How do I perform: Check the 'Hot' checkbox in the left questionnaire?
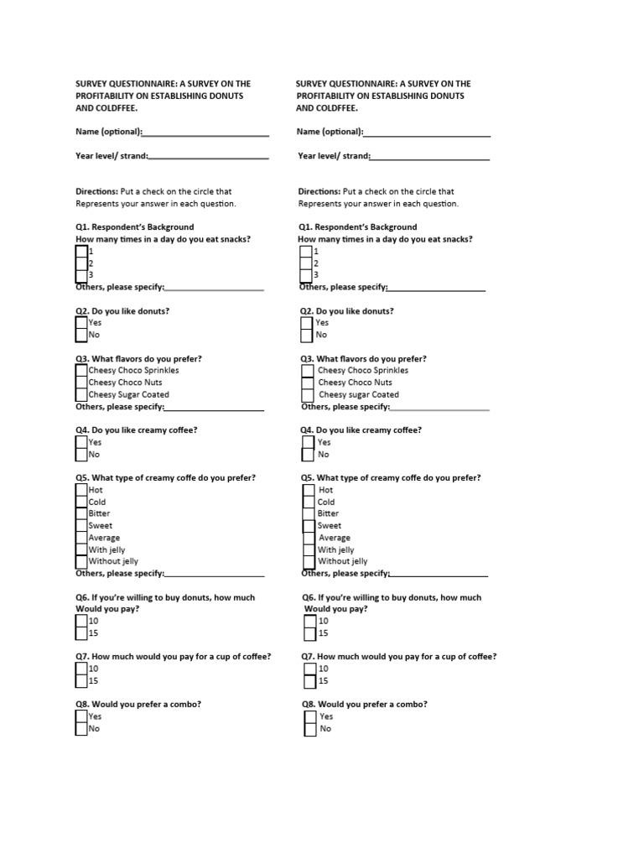[81, 490]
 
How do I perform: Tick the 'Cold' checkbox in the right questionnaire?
[309, 502]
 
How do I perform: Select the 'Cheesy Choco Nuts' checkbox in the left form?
[81, 383]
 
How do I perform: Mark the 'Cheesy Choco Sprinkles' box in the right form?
[308, 371]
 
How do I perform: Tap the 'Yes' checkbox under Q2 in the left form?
[81, 323]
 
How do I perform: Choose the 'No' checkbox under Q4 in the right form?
[308, 455]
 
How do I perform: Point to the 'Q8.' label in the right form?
[309, 705]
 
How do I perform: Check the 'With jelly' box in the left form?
[81, 549]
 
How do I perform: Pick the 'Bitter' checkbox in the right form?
[309, 514]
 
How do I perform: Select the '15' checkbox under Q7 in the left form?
[81, 681]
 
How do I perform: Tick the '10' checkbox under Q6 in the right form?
[309, 622]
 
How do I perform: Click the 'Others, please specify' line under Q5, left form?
[215, 575]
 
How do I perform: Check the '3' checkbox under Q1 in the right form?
[306, 274]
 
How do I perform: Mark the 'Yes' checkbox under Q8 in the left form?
[81, 717]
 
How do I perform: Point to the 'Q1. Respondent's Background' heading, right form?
[358, 227]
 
